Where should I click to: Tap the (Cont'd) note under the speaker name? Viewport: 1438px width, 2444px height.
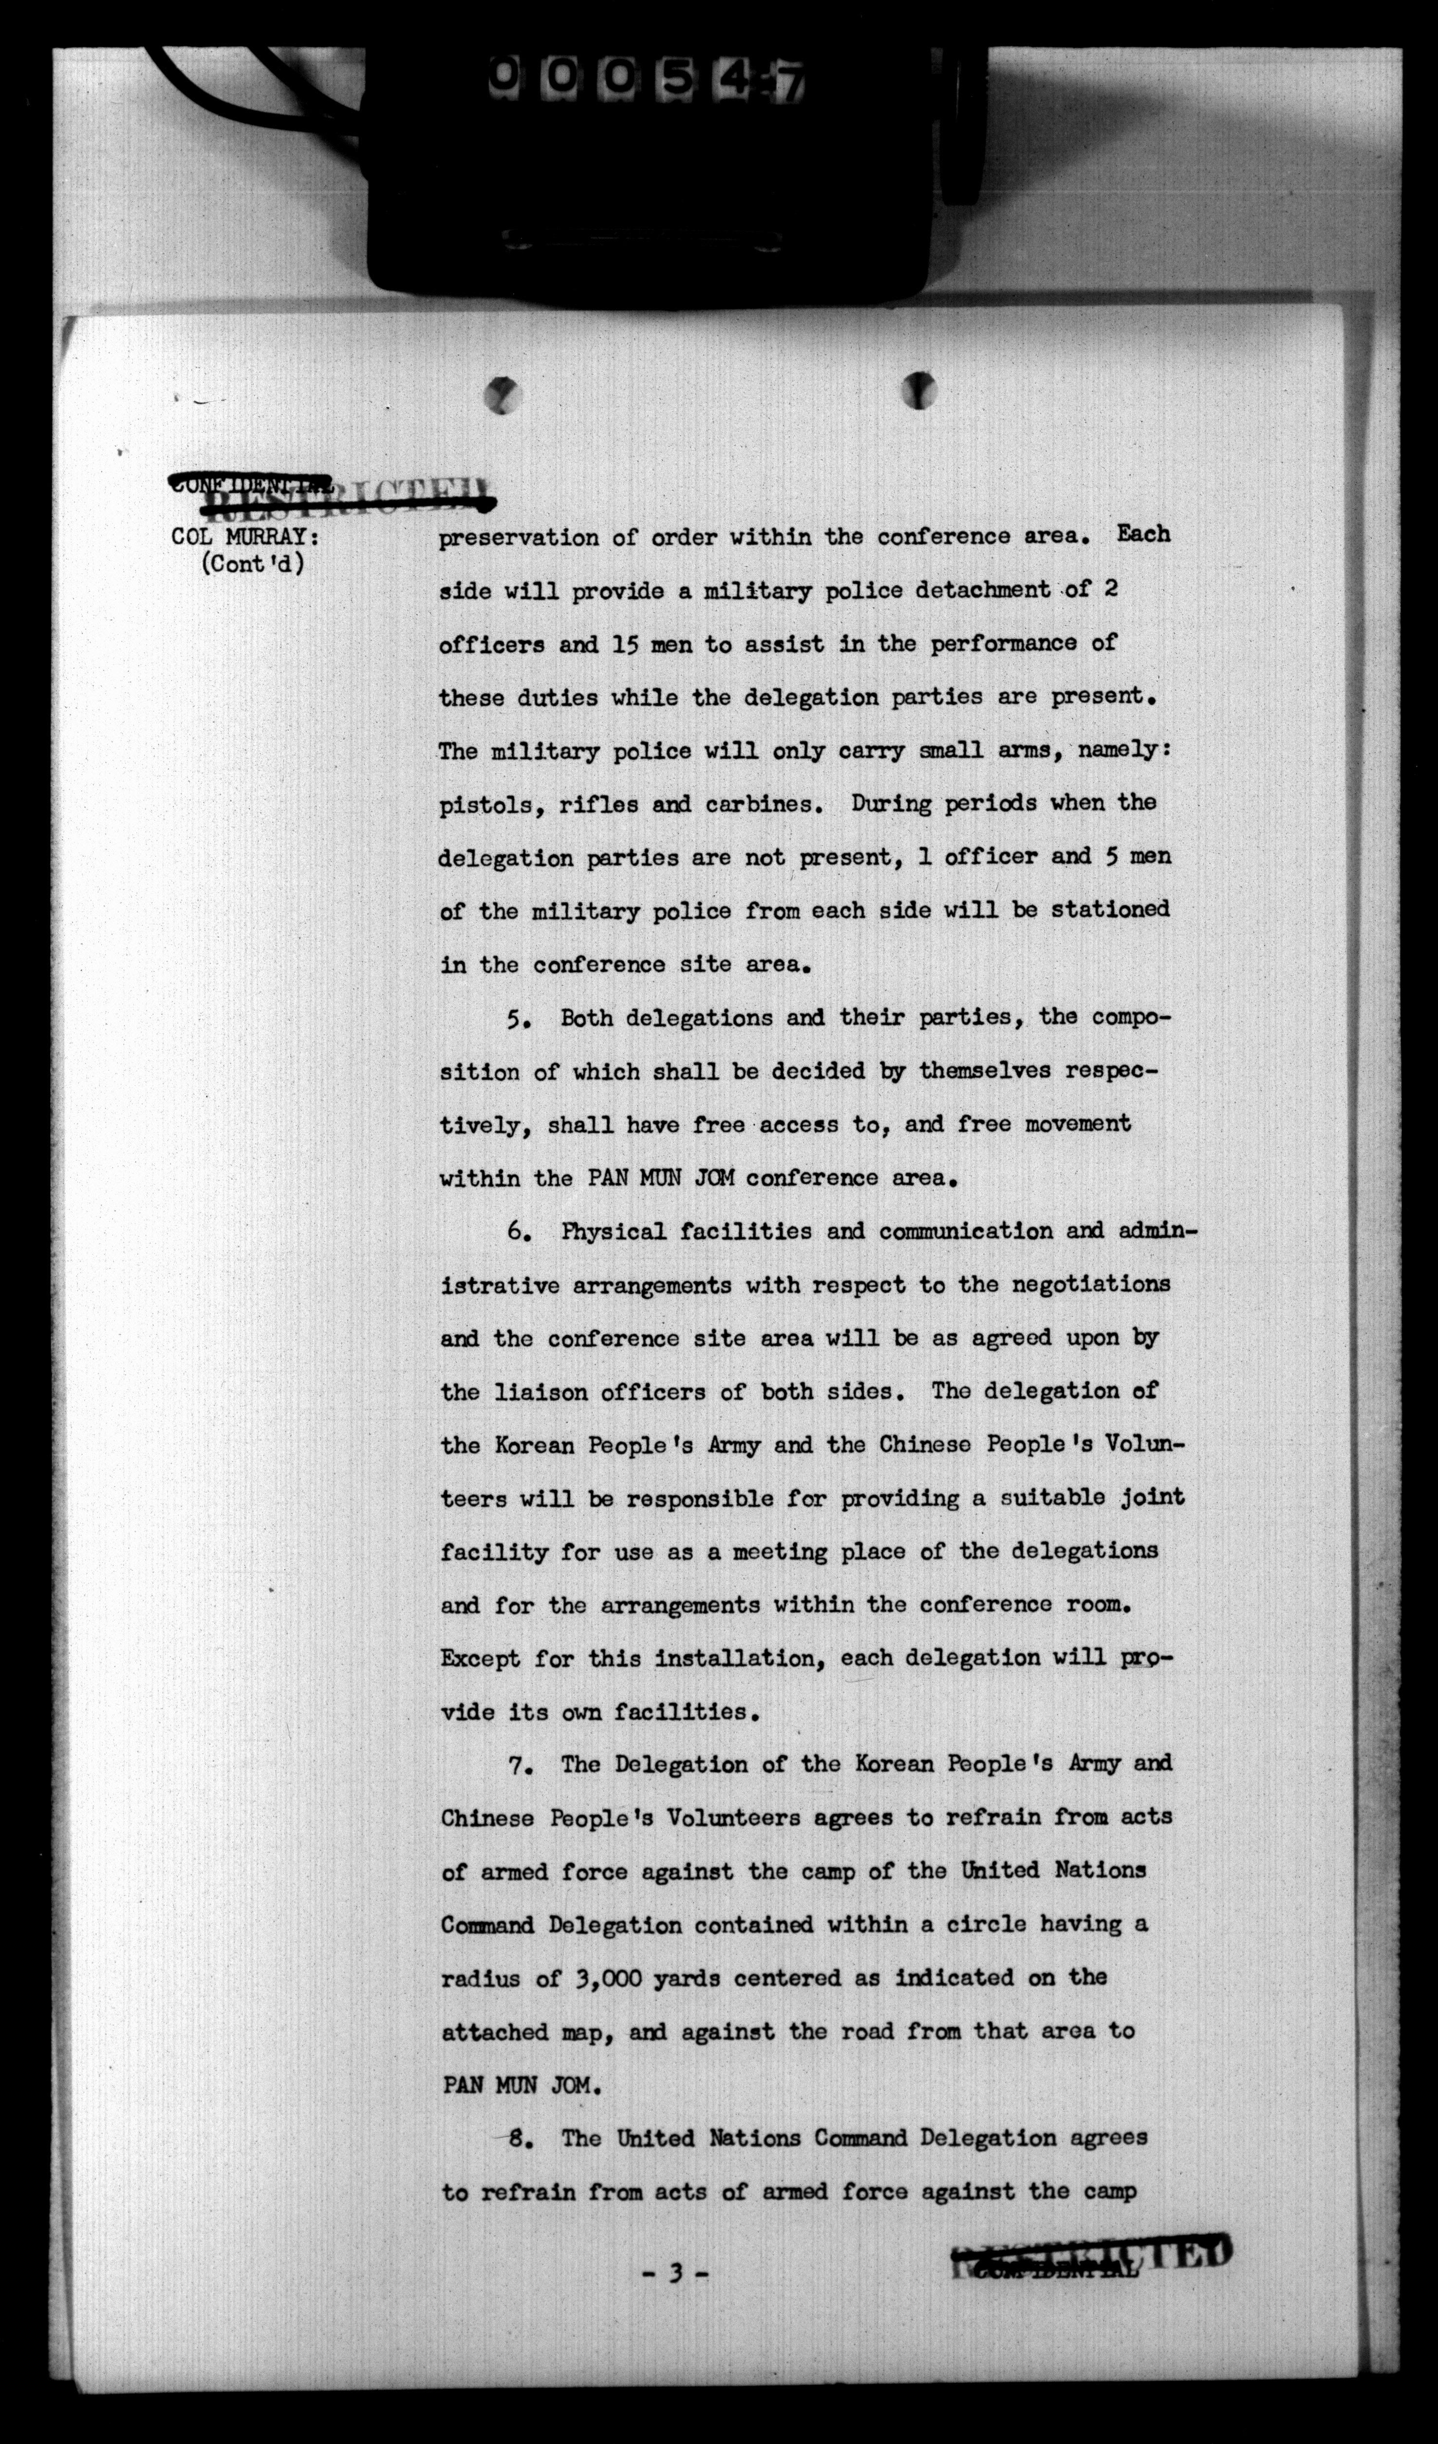pos(252,564)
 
